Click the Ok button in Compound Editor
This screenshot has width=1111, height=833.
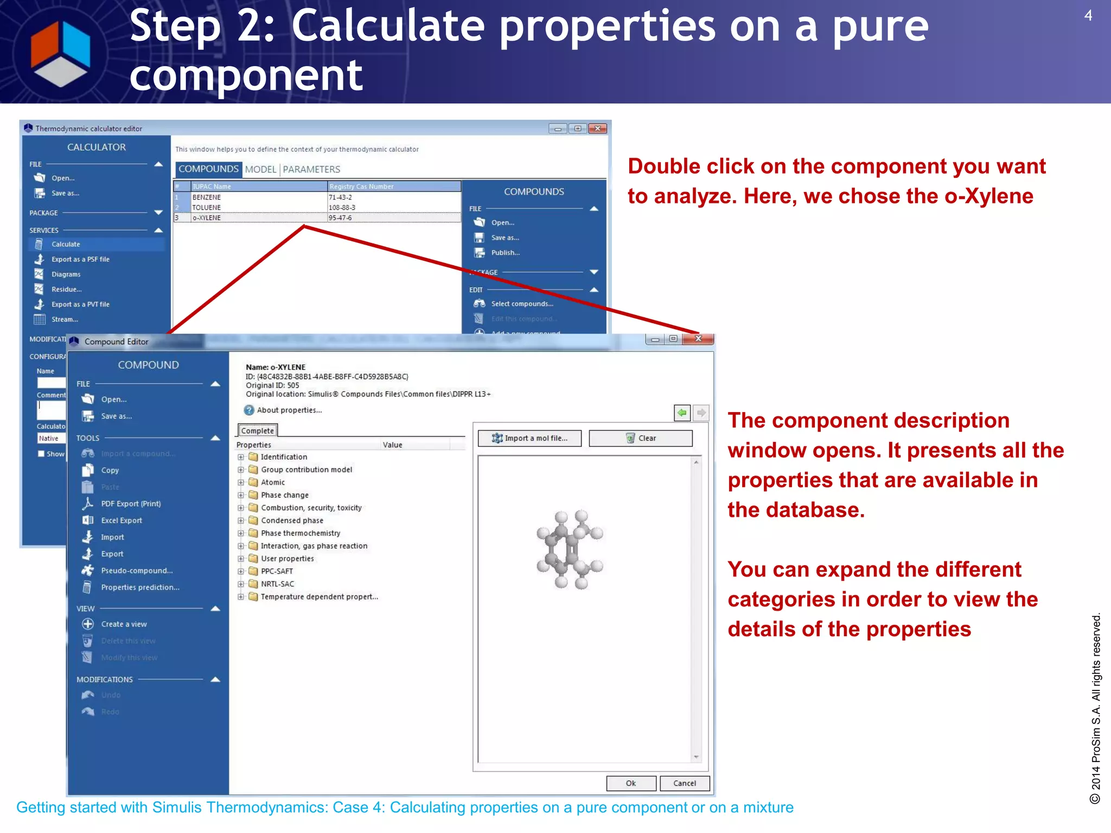tap(631, 783)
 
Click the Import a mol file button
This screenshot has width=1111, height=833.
tap(529, 438)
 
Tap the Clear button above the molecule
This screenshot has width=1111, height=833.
tap(641, 438)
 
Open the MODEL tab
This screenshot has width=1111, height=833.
tap(260, 169)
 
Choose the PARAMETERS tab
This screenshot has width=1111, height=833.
tap(311, 169)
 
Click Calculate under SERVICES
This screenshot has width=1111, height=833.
tap(66, 245)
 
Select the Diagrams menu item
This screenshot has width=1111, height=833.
tap(66, 274)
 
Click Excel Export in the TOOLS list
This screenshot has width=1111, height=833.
tap(122, 521)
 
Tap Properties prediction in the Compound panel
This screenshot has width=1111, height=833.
tap(140, 587)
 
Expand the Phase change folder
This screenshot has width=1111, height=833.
tap(241, 495)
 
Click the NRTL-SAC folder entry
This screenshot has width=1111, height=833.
tap(277, 584)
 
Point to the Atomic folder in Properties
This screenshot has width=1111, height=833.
tap(272, 483)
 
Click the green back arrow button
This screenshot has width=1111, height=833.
tap(682, 413)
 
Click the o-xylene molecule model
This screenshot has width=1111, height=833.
tap(570, 549)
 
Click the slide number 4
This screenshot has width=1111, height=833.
tap(1088, 16)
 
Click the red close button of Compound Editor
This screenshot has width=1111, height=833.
tap(698, 339)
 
